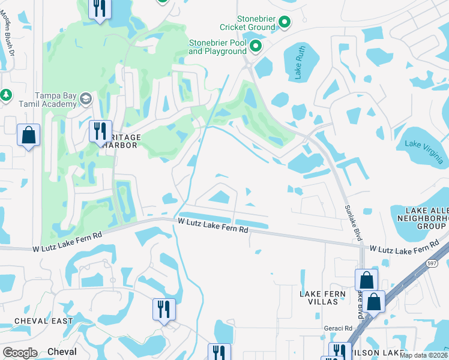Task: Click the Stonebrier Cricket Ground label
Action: point(247,23)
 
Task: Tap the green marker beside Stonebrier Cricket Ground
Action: point(285,23)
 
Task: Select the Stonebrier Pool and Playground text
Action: point(218,47)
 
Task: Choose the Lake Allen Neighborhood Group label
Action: point(426,218)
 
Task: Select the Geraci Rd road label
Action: point(340,328)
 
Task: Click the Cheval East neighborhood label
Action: point(43,321)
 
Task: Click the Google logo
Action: point(20,352)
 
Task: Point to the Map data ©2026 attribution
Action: point(423,355)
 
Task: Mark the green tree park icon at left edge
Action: point(5,95)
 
